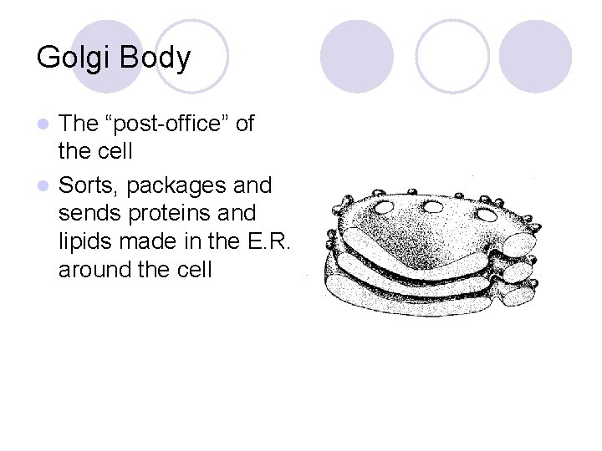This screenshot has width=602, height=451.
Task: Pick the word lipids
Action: click(85, 241)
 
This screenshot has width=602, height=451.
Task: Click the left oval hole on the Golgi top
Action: click(385, 206)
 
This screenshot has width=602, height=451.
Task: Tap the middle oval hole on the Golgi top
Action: click(433, 206)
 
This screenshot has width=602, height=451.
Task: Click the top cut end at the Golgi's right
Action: click(518, 244)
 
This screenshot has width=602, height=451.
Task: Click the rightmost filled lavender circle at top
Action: click(536, 57)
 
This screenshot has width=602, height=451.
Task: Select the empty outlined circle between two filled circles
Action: click(452, 57)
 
